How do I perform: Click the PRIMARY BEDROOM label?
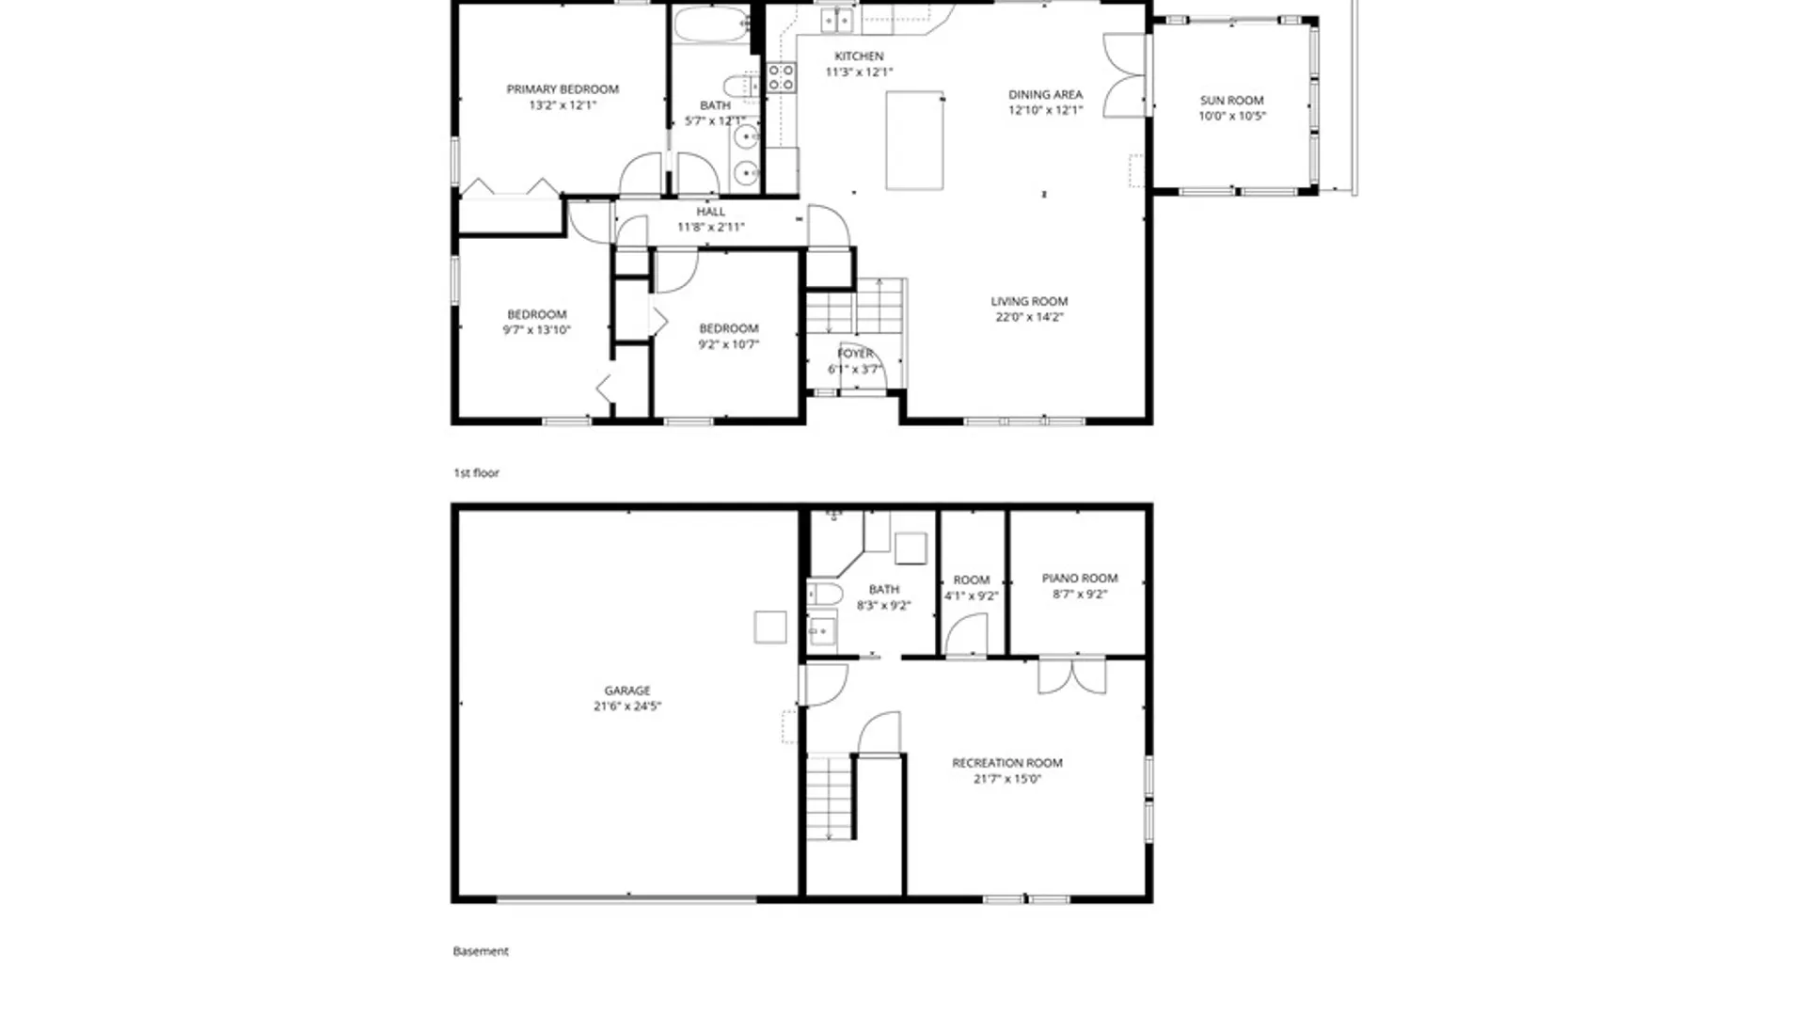(x=562, y=89)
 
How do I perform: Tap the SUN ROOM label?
(x=1231, y=101)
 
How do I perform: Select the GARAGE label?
(x=627, y=691)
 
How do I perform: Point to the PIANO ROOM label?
(x=1080, y=579)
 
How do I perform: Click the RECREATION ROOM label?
(x=1007, y=763)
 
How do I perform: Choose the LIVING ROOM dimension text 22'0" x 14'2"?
(x=1029, y=318)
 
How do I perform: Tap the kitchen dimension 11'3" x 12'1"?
(x=859, y=72)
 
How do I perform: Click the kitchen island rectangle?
(x=914, y=140)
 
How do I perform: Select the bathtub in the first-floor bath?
(x=712, y=24)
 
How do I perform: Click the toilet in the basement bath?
(x=825, y=594)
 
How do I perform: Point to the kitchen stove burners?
(x=781, y=77)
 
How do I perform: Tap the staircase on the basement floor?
(x=830, y=798)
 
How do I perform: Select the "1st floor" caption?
(x=477, y=473)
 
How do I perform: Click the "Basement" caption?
(x=481, y=951)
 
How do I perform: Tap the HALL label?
(x=711, y=213)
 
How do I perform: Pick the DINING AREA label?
(x=1045, y=95)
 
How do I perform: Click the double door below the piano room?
(x=1071, y=676)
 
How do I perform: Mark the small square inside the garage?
(x=770, y=627)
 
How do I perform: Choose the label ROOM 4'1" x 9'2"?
(x=972, y=588)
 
